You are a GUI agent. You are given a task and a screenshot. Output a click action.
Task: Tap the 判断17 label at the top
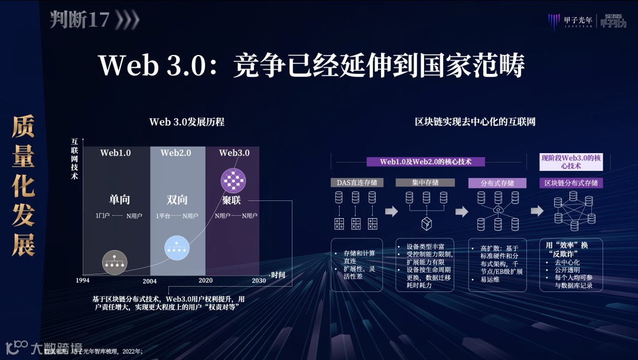click(80, 20)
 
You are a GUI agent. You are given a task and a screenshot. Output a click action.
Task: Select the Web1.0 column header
click(115, 153)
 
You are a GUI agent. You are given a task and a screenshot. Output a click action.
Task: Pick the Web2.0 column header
click(176, 153)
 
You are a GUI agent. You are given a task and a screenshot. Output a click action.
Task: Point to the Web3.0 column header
click(235, 153)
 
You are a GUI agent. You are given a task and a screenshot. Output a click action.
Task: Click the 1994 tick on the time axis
click(83, 280)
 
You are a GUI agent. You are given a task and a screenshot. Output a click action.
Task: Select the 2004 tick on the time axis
click(149, 281)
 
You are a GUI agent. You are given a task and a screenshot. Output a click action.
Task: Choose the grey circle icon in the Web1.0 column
click(115, 262)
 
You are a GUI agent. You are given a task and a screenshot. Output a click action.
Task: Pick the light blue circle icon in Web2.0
click(176, 248)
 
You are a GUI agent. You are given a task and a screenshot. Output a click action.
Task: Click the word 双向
click(177, 200)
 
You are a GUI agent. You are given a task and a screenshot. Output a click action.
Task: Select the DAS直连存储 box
click(357, 183)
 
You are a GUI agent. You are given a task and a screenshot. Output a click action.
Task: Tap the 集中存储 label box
click(425, 183)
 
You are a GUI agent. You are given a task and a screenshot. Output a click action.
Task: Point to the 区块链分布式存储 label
click(571, 183)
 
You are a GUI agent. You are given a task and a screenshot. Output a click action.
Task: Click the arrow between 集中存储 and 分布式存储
click(461, 212)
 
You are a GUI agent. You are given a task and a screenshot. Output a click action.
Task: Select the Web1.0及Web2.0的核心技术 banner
click(425, 161)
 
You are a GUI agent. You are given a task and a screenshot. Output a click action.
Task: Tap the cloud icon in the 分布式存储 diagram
click(499, 210)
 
